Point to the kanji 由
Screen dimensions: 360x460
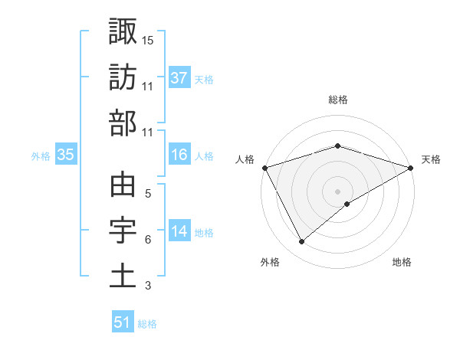tap(123, 185)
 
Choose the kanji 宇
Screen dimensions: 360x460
tap(123, 231)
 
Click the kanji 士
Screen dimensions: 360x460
tap(123, 277)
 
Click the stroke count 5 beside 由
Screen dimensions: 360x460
tap(148, 195)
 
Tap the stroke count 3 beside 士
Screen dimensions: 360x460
tap(148, 286)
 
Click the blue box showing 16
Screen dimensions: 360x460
tap(179, 155)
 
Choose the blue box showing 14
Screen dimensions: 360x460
tap(179, 231)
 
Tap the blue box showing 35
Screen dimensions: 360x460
tap(65, 155)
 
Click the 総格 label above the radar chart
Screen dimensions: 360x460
tap(338, 100)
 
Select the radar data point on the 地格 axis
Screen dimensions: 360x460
tap(348, 204)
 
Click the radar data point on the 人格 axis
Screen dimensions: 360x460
tap(264, 168)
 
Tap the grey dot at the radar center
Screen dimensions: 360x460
tap(338, 191)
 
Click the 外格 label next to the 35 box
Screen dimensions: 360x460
tap(41, 155)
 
